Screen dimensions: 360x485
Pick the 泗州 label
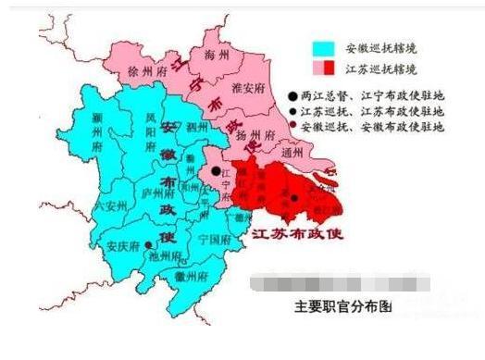pos(196,126)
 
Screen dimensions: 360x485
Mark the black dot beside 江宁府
pos(216,171)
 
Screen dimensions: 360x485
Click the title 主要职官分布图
pos(329,308)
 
